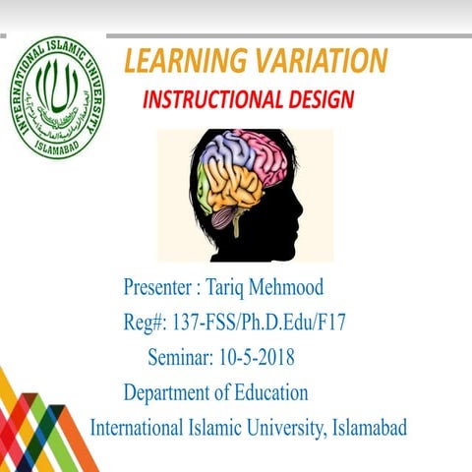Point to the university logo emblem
coord(57,96)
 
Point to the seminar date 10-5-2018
coord(257,356)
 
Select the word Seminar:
coord(181,356)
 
